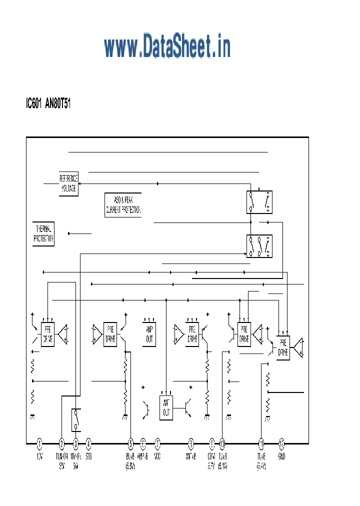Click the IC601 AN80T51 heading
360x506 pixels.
click(x=48, y=104)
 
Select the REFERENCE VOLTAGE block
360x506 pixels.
click(x=68, y=184)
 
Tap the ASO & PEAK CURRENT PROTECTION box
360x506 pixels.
click(x=123, y=204)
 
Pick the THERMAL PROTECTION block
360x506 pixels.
click(x=43, y=234)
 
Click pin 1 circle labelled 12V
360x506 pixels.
click(x=40, y=443)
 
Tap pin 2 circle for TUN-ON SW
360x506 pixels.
click(x=62, y=443)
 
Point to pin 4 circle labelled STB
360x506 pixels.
click(x=88, y=443)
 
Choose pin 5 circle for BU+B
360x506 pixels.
click(x=130, y=443)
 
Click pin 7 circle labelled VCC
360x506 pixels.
click(x=157, y=443)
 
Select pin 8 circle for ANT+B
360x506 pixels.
click(x=190, y=443)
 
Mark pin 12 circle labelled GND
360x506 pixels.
click(x=281, y=443)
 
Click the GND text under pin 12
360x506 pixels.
click(x=281, y=456)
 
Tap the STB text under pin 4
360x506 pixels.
click(x=88, y=456)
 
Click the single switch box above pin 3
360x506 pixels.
click(x=76, y=420)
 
